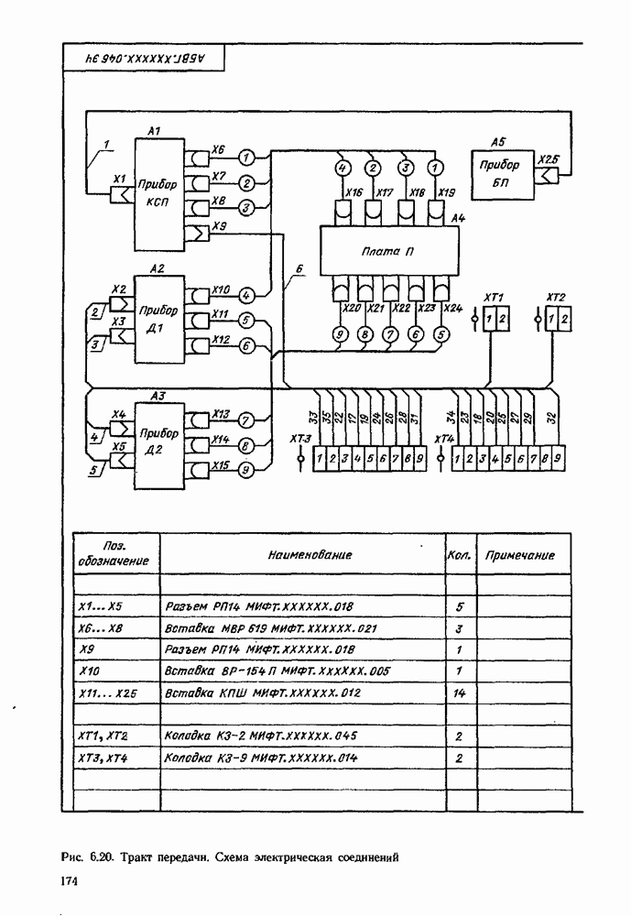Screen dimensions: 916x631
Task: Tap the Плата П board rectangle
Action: pyautogui.click(x=385, y=250)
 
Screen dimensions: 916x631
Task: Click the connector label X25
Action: pyautogui.click(x=548, y=158)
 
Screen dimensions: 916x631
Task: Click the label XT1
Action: pyautogui.click(x=495, y=298)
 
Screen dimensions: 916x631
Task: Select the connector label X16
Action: pyautogui.click(x=354, y=193)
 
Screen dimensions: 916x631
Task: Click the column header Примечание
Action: pyautogui.click(x=520, y=556)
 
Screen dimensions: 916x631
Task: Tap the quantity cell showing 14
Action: pyautogui.click(x=460, y=694)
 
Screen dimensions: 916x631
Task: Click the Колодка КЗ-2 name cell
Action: pyautogui.click(x=260, y=736)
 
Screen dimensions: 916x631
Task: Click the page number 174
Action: pyautogui.click(x=67, y=880)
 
